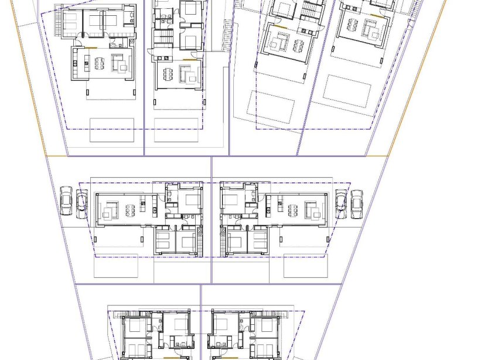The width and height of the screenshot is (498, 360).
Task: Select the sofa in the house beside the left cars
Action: click(111, 208)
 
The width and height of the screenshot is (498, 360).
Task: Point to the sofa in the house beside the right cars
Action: click(311, 209)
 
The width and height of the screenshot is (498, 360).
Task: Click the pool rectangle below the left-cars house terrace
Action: click(116, 266)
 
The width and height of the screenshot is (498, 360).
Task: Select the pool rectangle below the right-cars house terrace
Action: click(305, 266)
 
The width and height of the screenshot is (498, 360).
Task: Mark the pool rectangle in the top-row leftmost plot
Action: click(112, 130)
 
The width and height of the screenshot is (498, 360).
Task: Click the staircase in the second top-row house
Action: click(161, 41)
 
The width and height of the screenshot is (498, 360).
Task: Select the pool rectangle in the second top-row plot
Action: click(175, 130)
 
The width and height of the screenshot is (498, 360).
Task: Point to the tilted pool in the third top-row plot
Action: click(271, 106)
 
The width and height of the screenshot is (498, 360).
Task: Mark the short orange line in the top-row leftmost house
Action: click(91, 47)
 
